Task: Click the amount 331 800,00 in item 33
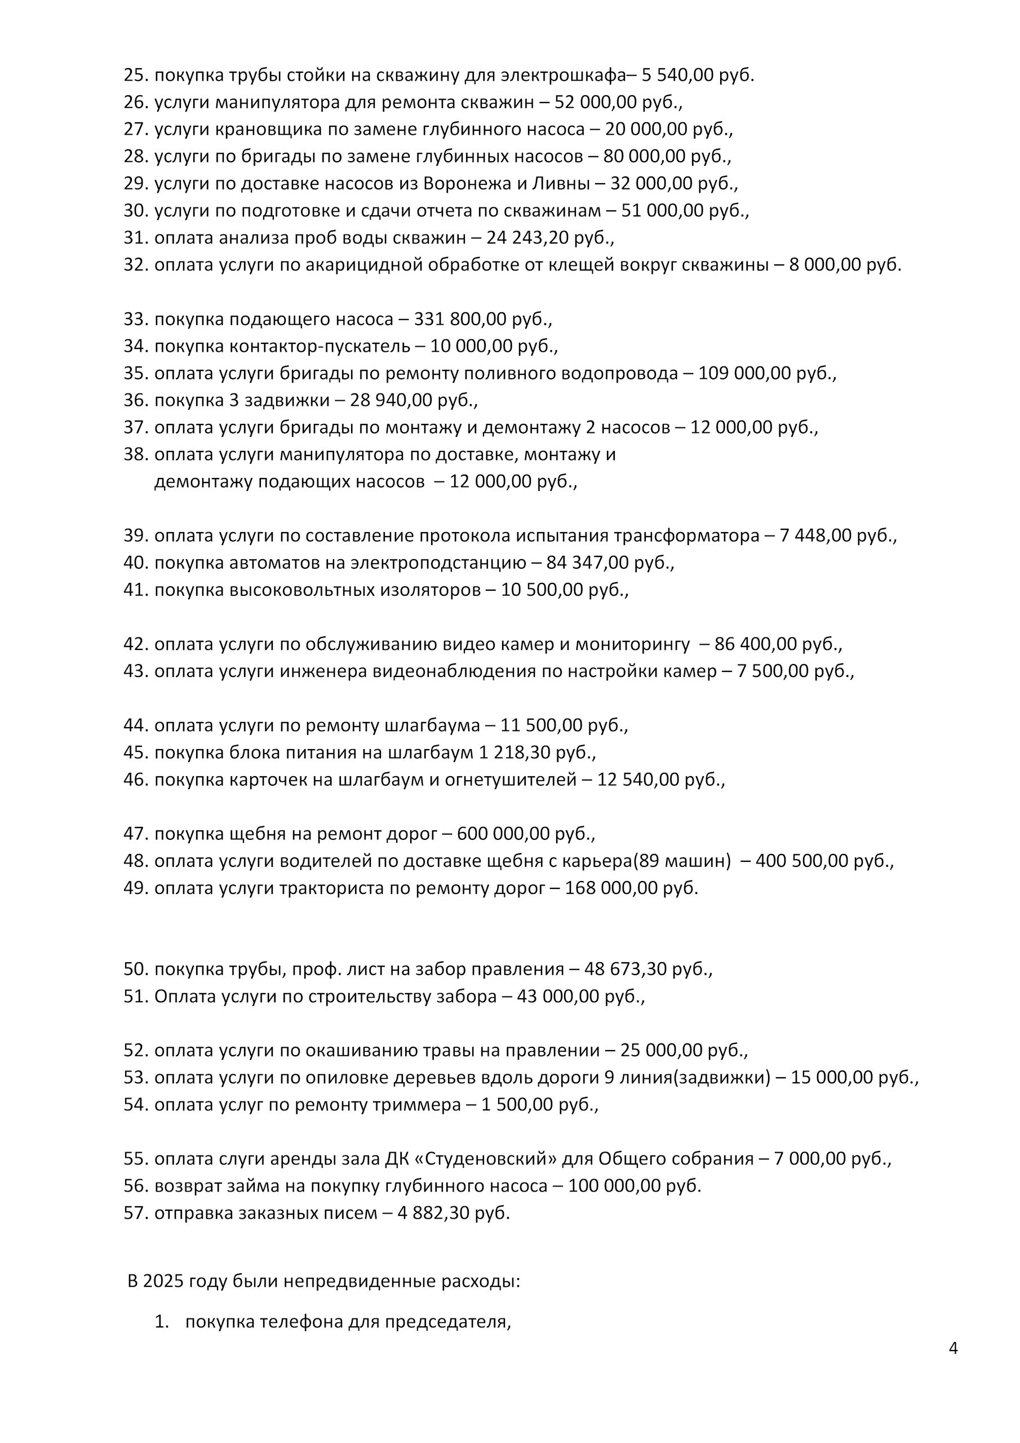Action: (x=460, y=319)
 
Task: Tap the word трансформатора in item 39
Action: (x=686, y=536)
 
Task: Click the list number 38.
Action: (x=135, y=454)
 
